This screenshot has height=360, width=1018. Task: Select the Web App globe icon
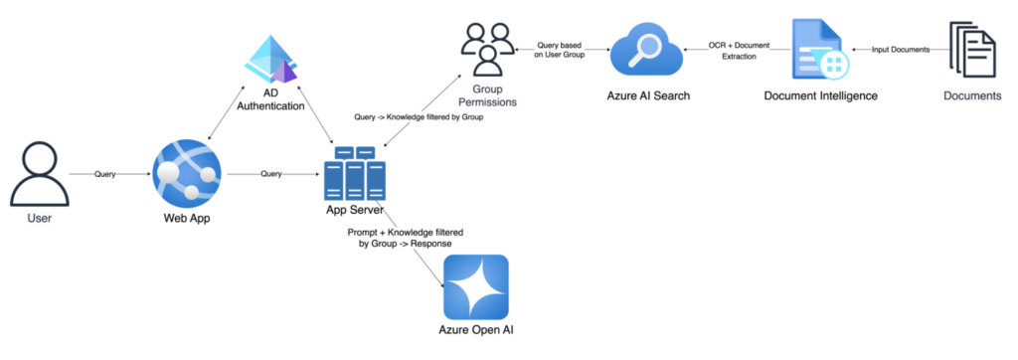pyautogui.click(x=188, y=174)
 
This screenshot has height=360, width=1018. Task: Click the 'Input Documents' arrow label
pyautogui.click(x=901, y=49)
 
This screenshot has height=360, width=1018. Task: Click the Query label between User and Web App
pyautogui.click(x=104, y=174)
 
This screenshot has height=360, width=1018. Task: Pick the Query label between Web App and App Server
pyautogui.click(x=269, y=174)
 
